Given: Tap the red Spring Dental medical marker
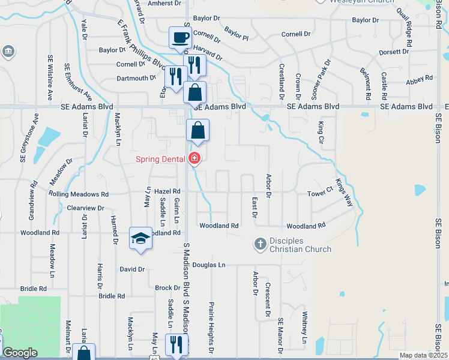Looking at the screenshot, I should [194, 159].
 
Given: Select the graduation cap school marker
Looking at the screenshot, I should [140, 238].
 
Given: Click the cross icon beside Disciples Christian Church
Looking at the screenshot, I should [260, 244].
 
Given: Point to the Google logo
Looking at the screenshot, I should [20, 353].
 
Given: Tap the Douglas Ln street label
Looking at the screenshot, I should [209, 264].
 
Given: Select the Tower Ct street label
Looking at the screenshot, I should [320, 193].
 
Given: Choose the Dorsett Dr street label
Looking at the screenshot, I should [394, 52].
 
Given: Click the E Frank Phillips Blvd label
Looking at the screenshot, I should [141, 44].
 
